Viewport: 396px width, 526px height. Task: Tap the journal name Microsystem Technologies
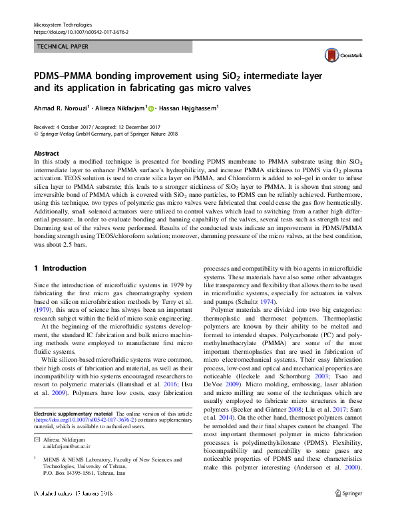(63, 25)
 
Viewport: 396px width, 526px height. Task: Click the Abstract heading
(46, 154)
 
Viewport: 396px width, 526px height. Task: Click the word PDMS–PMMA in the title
(71, 74)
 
